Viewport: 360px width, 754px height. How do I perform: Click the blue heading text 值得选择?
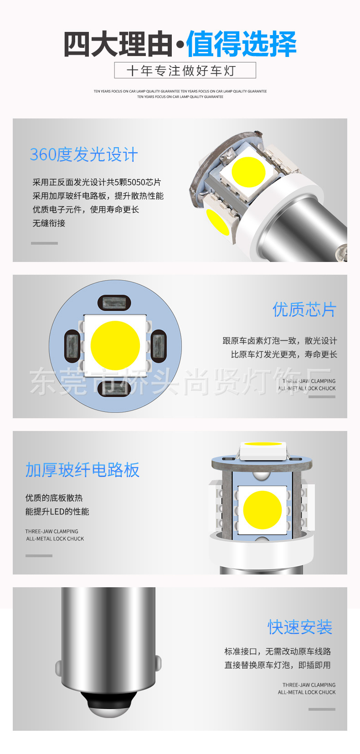click(x=241, y=44)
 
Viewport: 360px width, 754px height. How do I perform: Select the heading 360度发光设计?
click(x=83, y=154)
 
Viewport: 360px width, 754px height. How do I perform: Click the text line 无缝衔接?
click(x=49, y=223)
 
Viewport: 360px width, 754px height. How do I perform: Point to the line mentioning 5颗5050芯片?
click(x=97, y=182)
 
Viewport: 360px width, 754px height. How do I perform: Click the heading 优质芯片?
click(x=304, y=309)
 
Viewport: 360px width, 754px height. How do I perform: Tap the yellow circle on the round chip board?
click(x=115, y=345)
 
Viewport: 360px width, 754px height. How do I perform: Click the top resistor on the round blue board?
click(x=114, y=303)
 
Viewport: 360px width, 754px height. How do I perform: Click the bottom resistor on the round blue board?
click(x=114, y=389)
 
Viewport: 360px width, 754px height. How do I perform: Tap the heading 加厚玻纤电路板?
click(x=82, y=470)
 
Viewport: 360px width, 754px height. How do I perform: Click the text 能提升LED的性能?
click(x=57, y=512)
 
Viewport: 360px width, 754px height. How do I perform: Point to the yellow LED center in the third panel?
click(x=262, y=509)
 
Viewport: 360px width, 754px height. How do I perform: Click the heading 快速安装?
click(x=300, y=627)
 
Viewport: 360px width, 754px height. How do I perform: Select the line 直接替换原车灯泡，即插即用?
click(x=277, y=665)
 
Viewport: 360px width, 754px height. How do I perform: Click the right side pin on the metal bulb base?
click(x=158, y=666)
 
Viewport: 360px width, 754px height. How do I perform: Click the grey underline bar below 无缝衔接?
click(x=44, y=243)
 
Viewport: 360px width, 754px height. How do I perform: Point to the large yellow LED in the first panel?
click(x=248, y=172)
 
